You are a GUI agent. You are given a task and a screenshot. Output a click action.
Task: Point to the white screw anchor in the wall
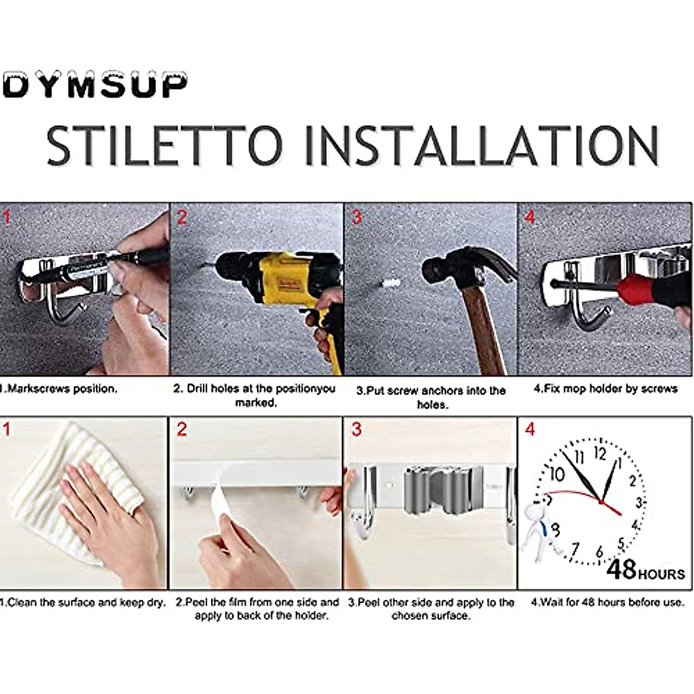[390, 283]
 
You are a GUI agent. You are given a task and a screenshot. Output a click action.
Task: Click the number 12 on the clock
[600, 455]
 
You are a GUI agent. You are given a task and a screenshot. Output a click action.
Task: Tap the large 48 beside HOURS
[622, 570]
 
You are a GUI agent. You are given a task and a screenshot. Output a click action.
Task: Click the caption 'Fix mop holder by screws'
[606, 389]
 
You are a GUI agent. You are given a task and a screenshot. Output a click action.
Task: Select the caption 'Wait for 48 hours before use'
[608, 602]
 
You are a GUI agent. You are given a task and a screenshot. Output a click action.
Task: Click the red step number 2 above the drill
[182, 217]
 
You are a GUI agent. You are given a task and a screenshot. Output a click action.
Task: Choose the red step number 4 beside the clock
[529, 429]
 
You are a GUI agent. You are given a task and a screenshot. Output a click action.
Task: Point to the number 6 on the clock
[599, 552]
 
